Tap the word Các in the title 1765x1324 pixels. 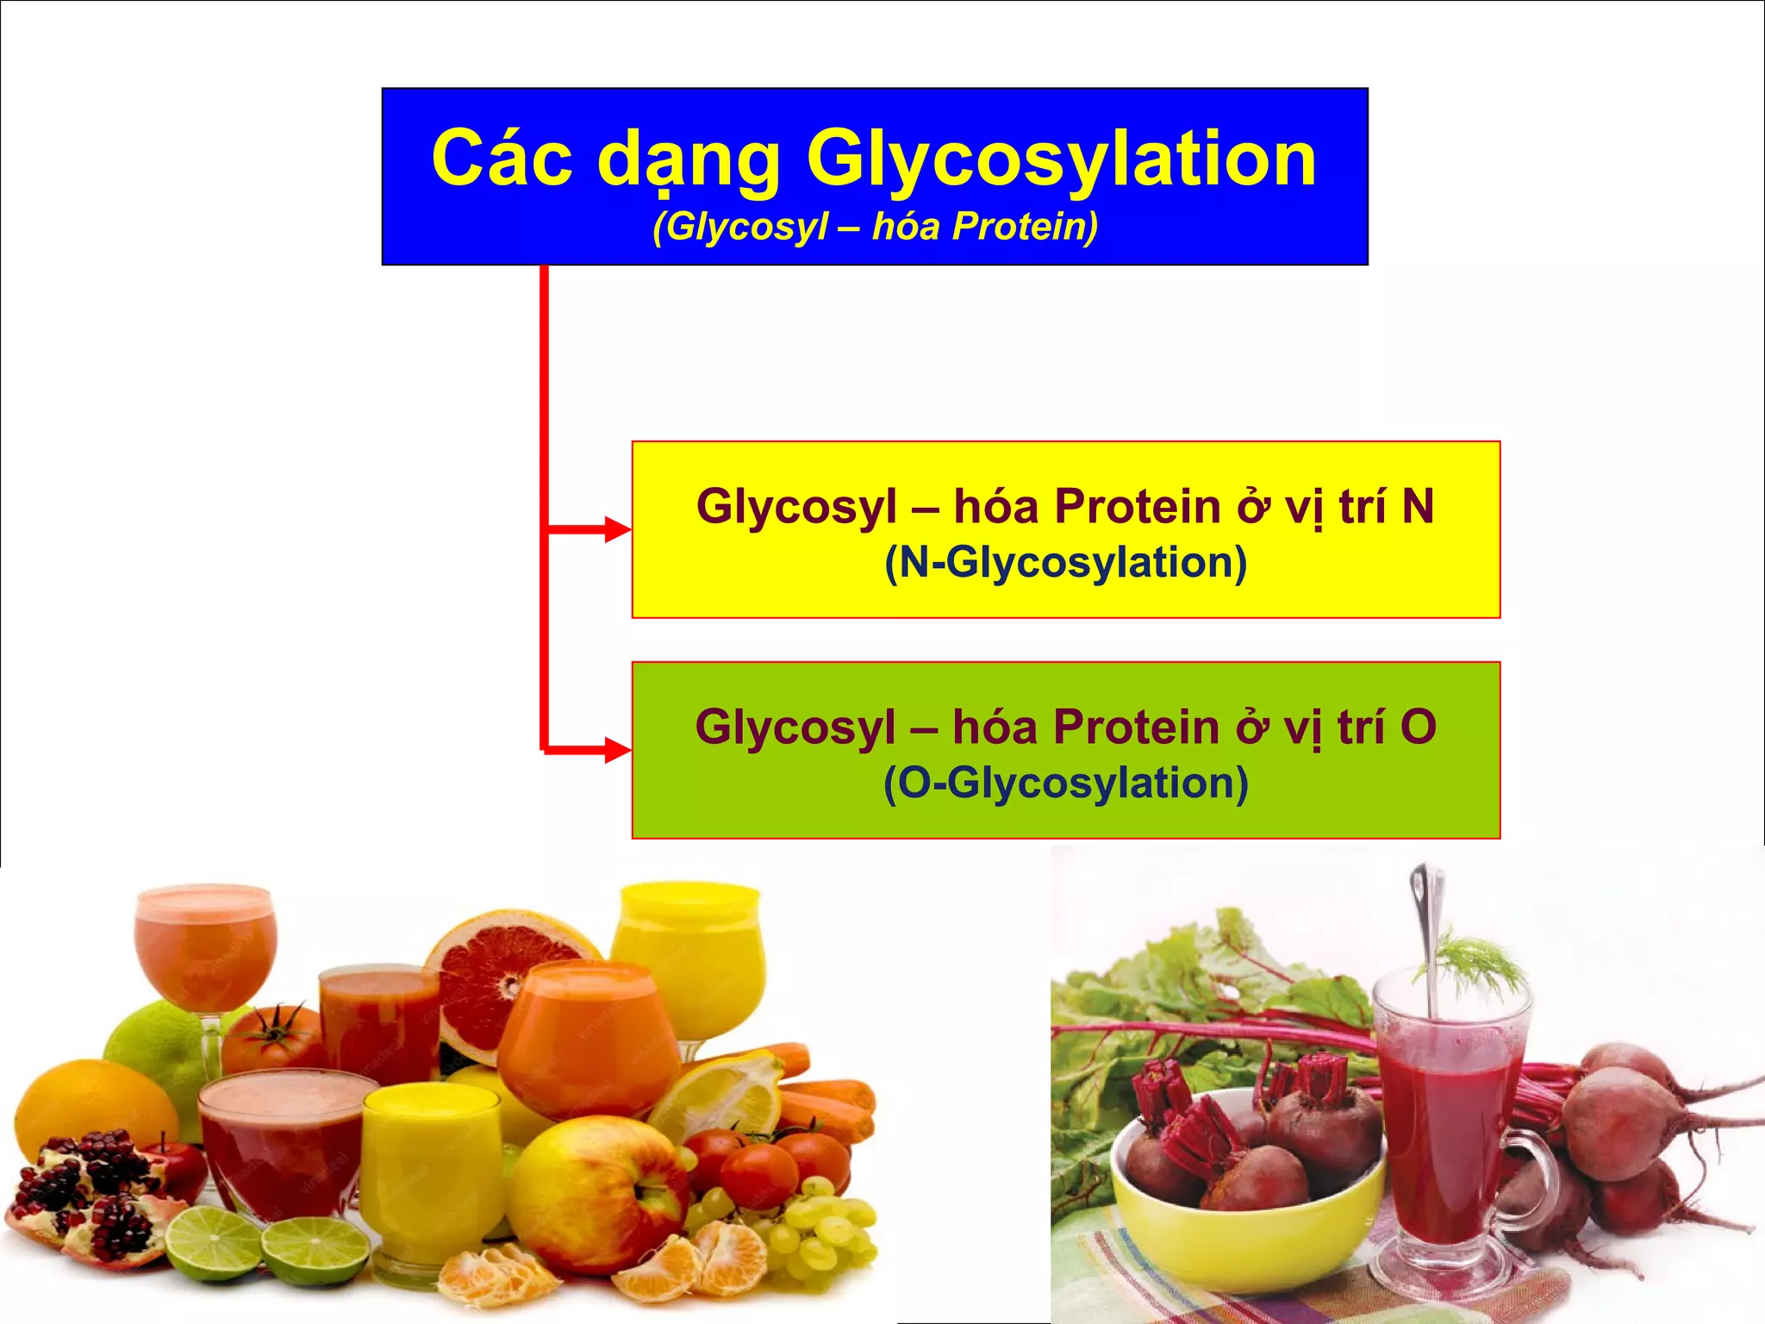[502, 159]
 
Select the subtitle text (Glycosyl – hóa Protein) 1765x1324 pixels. [875, 227]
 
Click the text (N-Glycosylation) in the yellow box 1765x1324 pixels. [1066, 563]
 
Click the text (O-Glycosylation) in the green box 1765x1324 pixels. [1066, 784]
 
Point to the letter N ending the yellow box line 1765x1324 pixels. [1418, 507]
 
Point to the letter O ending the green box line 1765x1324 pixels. [1418, 728]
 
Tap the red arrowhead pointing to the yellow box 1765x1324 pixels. [617, 529]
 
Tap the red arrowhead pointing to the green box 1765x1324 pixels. [617, 750]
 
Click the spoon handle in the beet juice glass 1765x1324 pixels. [1424, 914]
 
